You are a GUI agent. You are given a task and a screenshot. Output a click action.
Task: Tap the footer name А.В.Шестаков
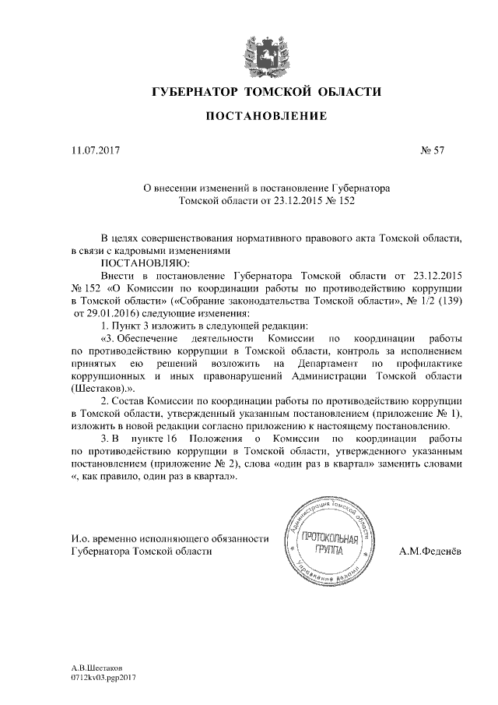(96, 668)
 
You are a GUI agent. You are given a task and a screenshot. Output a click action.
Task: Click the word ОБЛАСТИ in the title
(346, 93)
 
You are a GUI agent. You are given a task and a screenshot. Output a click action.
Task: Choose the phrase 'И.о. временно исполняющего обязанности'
(169, 538)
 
